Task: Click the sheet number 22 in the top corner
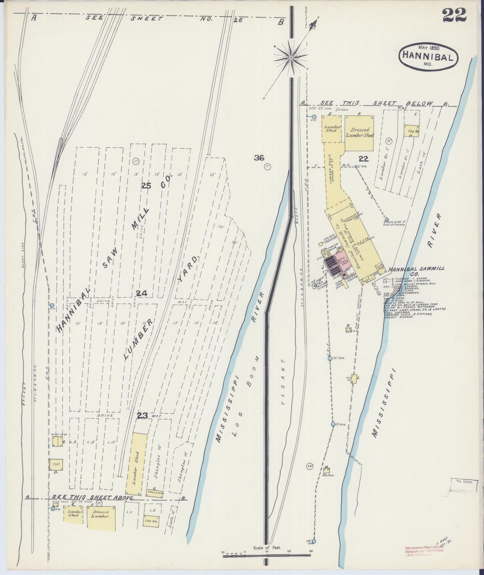tap(454, 15)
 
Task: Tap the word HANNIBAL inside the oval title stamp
tap(428, 55)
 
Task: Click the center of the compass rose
tap(291, 58)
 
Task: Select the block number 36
tap(259, 158)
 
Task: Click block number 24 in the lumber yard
tap(141, 294)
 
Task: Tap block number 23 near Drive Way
tap(142, 416)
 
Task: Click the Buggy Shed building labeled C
tap(57, 441)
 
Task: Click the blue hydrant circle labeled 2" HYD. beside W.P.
tap(356, 166)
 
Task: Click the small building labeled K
tap(348, 330)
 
